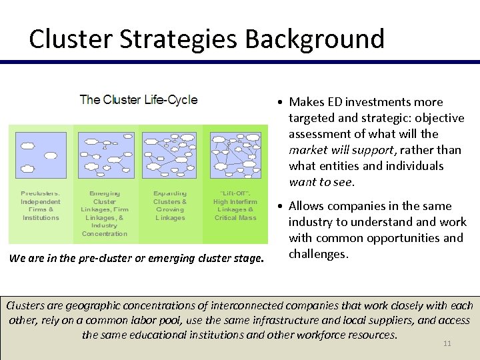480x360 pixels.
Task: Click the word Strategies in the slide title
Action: tap(174, 39)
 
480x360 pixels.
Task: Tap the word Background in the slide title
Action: tap(315, 39)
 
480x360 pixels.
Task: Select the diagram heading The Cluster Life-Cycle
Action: tap(138, 100)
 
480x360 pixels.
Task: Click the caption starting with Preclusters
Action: tap(41, 205)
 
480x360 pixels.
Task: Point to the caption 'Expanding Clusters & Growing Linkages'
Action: tap(170, 205)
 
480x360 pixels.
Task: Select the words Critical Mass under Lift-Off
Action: tap(235, 218)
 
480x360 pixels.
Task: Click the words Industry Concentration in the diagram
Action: tap(105, 230)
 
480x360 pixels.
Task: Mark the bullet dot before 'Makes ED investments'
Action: tap(283, 103)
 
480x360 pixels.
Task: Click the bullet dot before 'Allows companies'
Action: tap(283, 207)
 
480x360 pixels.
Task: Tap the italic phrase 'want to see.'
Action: tap(321, 181)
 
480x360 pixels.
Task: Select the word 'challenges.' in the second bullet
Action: tap(319, 253)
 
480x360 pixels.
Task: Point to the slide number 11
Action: tap(447, 344)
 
